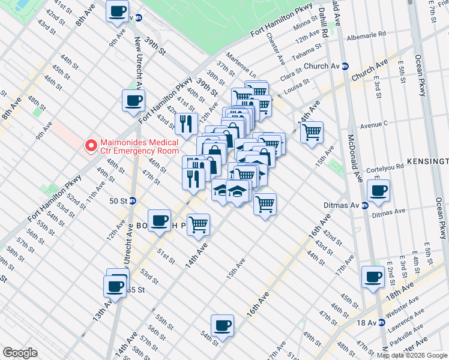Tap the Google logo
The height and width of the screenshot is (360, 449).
point(20,353)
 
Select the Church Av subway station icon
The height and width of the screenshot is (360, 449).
point(346,66)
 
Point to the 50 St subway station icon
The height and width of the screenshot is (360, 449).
point(132,200)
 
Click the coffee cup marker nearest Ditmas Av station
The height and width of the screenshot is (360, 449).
point(378,191)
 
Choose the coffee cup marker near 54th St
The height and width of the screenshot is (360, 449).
point(222,325)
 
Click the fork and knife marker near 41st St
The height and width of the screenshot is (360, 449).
point(186,124)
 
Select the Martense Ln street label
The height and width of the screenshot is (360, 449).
point(244,71)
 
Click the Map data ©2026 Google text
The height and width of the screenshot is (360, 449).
point(412,355)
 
